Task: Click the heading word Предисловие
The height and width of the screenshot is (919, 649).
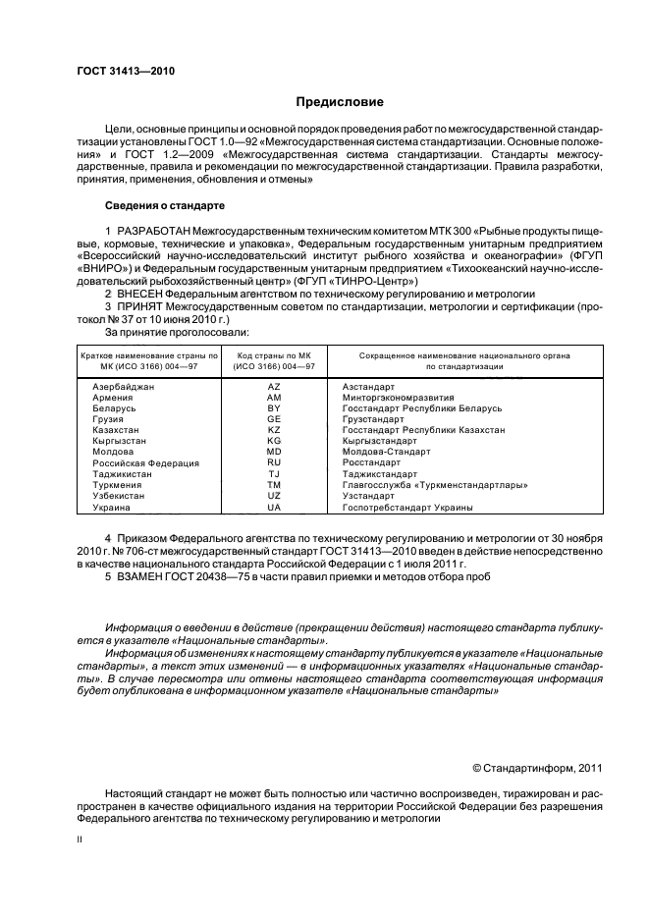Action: (341, 102)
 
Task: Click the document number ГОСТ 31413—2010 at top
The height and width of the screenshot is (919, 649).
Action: (122, 71)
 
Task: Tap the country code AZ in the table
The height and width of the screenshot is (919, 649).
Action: (274, 387)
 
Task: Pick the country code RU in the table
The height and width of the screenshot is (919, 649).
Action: (274, 462)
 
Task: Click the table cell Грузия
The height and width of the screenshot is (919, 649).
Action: (107, 419)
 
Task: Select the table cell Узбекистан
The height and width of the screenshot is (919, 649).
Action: (118, 496)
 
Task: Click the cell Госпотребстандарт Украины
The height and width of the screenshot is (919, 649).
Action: (406, 508)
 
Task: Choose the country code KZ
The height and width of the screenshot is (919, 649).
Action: (274, 430)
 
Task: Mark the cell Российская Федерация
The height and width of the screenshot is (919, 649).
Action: (145, 462)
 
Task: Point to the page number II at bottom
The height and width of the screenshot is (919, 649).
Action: (81, 840)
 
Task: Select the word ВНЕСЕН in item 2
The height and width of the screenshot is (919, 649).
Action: (140, 294)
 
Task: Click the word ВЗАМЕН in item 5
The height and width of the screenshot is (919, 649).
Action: (139, 576)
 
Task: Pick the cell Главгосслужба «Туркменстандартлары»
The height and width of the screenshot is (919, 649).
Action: (435, 485)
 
